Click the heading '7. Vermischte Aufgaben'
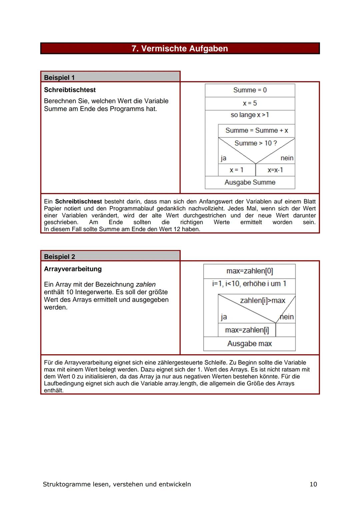coord(180,49)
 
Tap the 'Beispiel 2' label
coord(59,257)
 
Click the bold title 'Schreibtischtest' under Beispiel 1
coord(70,90)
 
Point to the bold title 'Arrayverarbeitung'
coord(73,269)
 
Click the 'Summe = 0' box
coord(250,90)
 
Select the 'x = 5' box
coord(250,103)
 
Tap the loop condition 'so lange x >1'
coord(250,115)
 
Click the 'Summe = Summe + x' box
coord(257,130)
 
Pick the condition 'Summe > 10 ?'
coord(256,143)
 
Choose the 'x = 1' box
coord(237,170)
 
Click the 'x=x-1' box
coord(275,170)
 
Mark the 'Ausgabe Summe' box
coord(250,182)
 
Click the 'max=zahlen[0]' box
coord(249,271)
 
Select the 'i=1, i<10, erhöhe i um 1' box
coord(249,284)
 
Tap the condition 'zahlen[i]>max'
coord(262,301)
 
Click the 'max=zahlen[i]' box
coord(247,330)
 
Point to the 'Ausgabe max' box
coord(249,344)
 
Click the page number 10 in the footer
coord(313,484)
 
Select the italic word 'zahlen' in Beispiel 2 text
coord(146,285)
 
